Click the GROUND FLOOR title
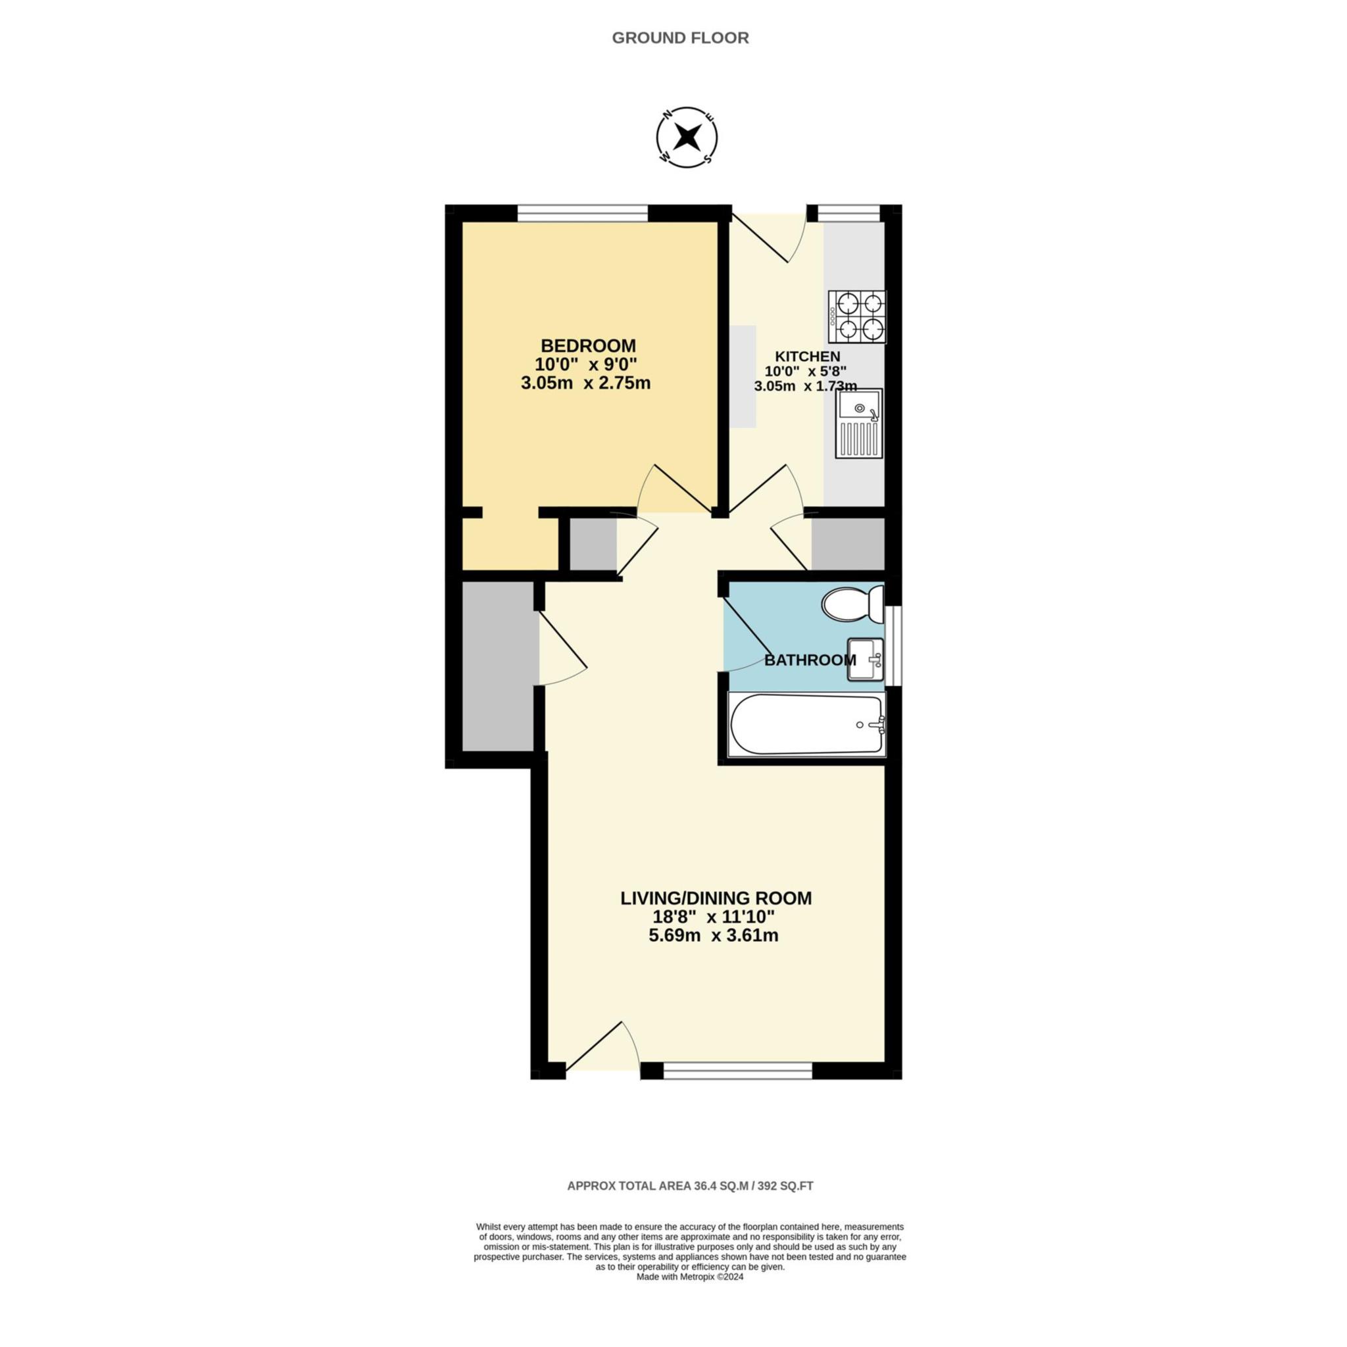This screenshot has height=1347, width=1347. (x=680, y=38)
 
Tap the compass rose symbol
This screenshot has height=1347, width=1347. (x=687, y=137)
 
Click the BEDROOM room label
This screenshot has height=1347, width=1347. (x=589, y=345)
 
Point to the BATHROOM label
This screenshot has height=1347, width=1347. (x=810, y=660)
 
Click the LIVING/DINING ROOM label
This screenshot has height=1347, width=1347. (x=716, y=898)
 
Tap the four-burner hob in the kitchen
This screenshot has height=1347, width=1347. (x=857, y=316)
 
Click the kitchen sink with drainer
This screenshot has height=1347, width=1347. (x=859, y=423)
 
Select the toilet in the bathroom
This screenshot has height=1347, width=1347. (x=852, y=604)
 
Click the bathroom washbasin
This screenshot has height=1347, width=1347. (x=866, y=659)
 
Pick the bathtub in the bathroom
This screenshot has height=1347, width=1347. (x=806, y=724)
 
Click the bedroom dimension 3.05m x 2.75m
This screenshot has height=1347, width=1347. (x=585, y=383)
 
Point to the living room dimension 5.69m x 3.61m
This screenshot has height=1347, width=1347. (x=713, y=936)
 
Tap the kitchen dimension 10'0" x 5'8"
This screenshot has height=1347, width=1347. (x=806, y=371)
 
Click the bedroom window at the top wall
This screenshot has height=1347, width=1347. (x=582, y=212)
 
